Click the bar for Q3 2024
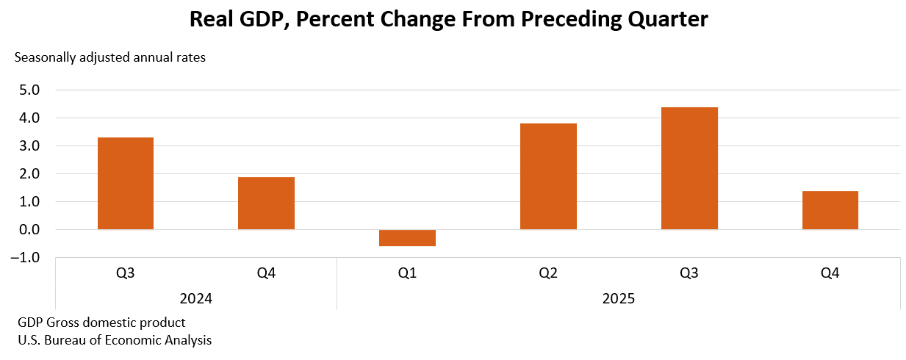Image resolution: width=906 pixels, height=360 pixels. (x=126, y=184)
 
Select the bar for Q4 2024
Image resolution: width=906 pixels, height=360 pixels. (x=266, y=204)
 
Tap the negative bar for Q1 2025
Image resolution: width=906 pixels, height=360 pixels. (x=407, y=238)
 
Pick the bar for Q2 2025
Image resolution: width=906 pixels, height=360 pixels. (x=548, y=176)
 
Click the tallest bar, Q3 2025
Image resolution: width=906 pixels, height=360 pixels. (x=689, y=168)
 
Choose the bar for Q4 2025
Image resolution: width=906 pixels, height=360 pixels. (x=830, y=210)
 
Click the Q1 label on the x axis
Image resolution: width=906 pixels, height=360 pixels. (x=407, y=273)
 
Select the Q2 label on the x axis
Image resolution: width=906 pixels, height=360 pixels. (x=548, y=273)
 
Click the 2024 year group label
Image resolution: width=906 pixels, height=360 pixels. (x=196, y=299)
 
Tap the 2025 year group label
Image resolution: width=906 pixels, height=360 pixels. (x=618, y=299)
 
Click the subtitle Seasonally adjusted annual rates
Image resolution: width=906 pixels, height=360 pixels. (x=110, y=57)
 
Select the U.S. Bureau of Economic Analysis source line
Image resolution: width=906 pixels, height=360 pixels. (x=115, y=340)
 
